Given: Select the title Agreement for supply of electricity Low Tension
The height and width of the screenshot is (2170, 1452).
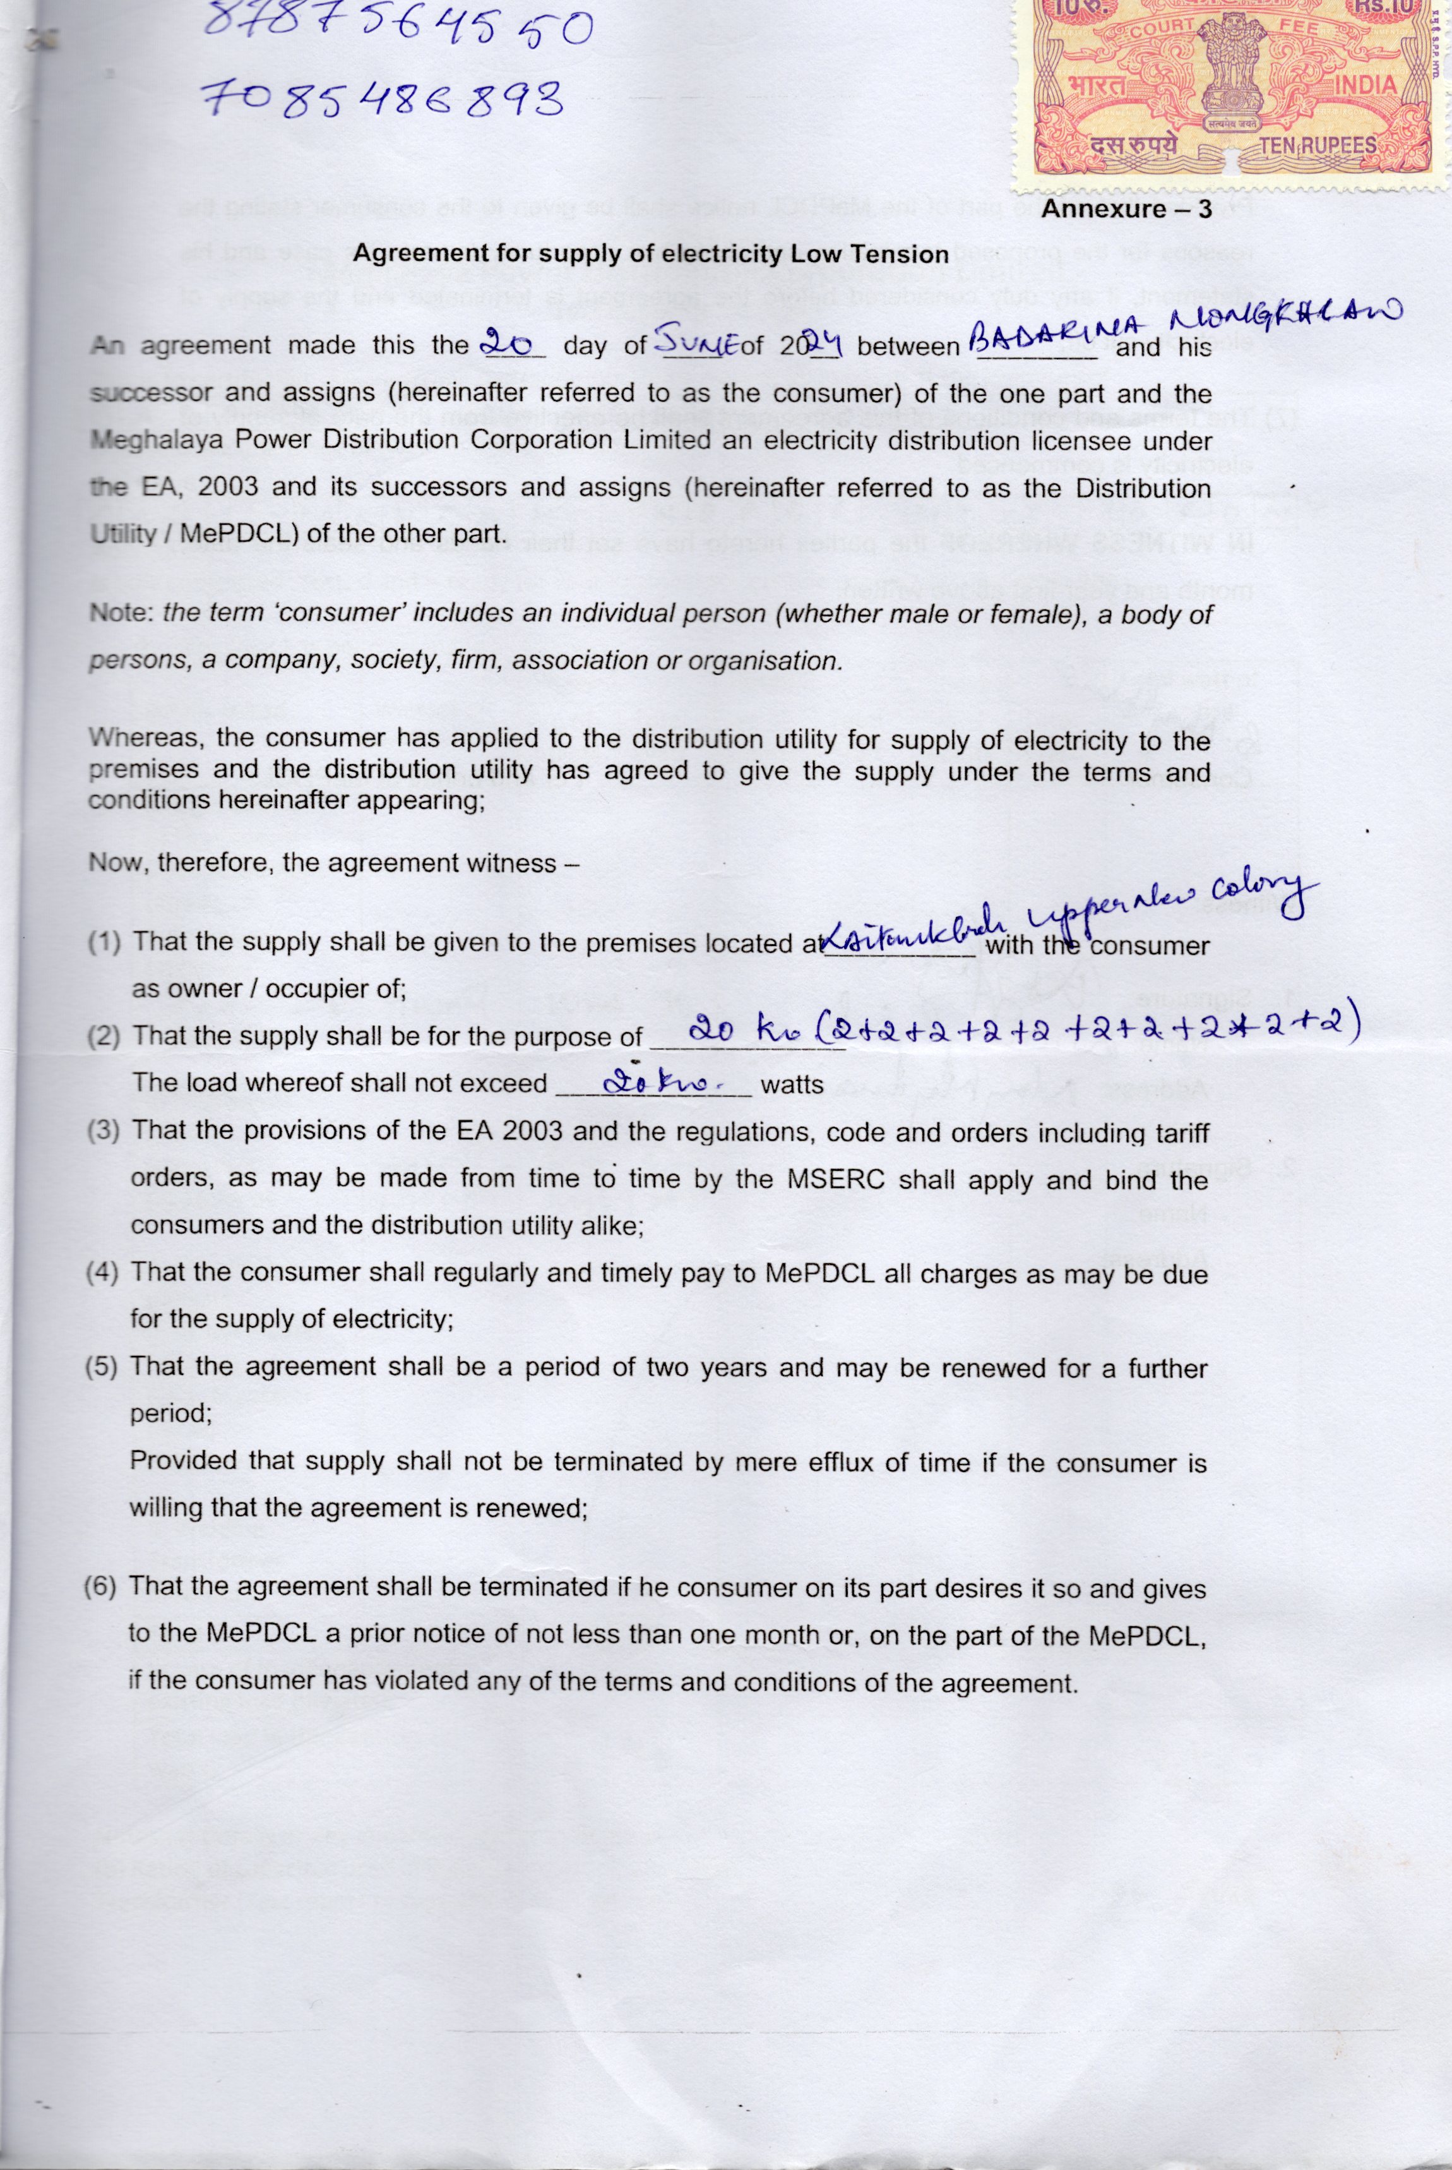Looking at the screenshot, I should [x=651, y=254].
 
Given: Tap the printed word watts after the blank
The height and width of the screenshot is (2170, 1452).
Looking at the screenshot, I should [x=791, y=1084].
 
